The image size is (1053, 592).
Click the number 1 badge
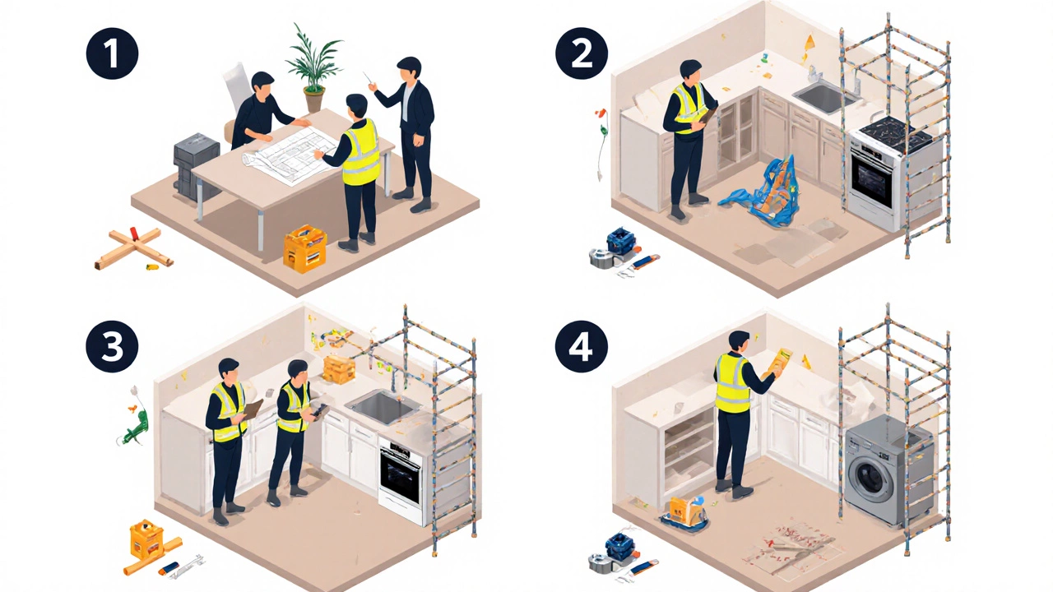click(113, 53)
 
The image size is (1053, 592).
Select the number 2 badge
click(582, 53)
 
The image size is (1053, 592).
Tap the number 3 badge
click(113, 347)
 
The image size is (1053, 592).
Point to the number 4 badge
click(582, 347)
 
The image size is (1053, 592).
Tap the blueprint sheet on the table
click(289, 154)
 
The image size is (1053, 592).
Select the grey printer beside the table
click(195, 164)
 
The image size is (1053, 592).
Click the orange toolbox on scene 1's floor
click(304, 249)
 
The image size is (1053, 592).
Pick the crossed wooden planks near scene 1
click(134, 248)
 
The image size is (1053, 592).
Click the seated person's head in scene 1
click(262, 85)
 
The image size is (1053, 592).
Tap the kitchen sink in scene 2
click(824, 96)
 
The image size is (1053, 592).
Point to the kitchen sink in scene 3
click(383, 407)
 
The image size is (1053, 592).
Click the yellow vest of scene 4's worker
click(732, 384)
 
